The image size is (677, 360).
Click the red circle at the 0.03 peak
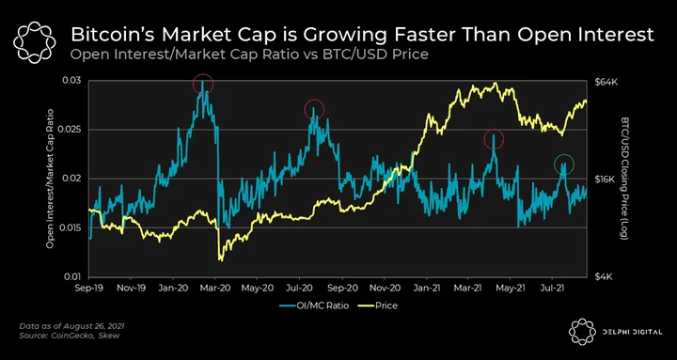(x=193, y=84)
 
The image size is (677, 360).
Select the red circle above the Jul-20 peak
(x=305, y=109)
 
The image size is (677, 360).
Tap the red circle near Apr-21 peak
(x=484, y=139)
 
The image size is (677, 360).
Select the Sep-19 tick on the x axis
(x=90, y=287)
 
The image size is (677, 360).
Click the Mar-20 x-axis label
(x=214, y=287)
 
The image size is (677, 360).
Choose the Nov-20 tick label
(x=385, y=287)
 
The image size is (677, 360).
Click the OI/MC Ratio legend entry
(x=313, y=305)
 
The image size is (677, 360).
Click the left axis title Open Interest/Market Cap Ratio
(x=50, y=179)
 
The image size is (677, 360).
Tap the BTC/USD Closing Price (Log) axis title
(x=625, y=178)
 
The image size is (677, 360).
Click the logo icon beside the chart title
(x=35, y=42)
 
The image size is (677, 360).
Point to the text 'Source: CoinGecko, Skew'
(x=70, y=336)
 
